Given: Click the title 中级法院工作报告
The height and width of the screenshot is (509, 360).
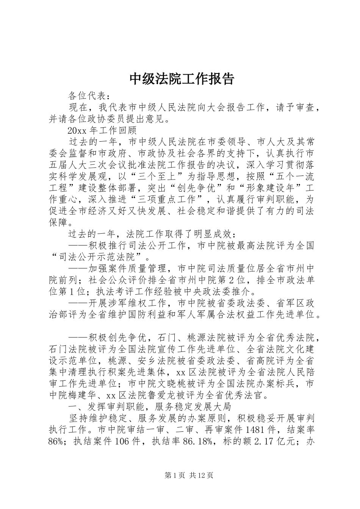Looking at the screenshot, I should [x=182, y=79].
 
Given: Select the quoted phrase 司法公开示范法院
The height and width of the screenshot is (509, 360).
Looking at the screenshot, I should [x=99, y=257].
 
